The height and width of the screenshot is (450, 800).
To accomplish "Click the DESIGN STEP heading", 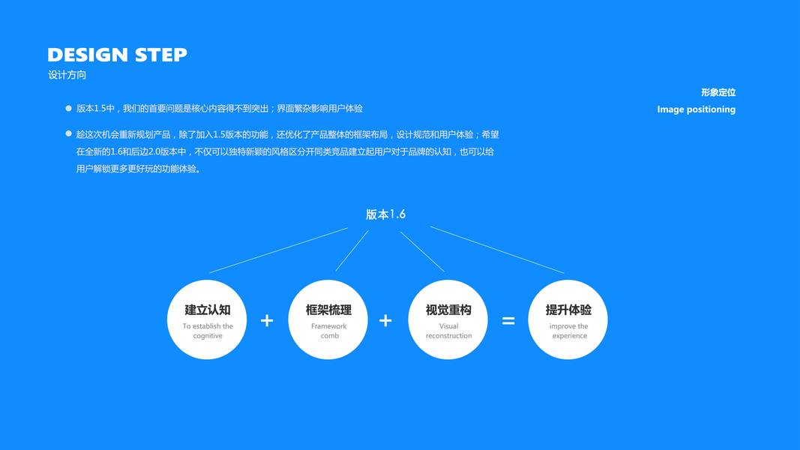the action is pos(117,55).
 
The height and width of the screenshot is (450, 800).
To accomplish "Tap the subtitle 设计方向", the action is pos(67,75).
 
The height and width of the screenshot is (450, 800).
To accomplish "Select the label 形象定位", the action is pos(718,92).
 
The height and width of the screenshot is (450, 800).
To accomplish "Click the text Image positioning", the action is pos(696,109).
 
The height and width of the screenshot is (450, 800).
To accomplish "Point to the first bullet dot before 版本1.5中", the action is pos(69,109).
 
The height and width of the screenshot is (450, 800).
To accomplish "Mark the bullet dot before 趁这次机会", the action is pos(69,133).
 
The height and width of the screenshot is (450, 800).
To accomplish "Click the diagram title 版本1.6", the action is pos(385,214).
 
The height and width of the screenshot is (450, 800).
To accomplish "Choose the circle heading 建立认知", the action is pos(208,310).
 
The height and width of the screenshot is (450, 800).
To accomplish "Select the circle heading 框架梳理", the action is pos(328,310).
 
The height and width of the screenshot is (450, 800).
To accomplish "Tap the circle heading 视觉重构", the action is pos(448,310).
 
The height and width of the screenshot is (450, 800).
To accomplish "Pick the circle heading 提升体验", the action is pos(568,310).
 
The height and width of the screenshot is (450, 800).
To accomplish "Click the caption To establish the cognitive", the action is pos(208,331).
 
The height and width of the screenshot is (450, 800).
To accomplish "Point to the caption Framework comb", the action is pos(329,331).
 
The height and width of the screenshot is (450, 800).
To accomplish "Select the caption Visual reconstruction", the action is pos(448,331).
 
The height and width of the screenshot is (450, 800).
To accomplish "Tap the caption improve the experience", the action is pos(569,331).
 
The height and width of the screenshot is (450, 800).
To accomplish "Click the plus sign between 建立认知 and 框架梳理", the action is pos(267,321).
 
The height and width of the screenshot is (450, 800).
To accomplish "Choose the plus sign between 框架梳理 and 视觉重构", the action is pos(385,321).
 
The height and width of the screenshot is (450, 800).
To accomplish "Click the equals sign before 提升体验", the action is pos(508,321).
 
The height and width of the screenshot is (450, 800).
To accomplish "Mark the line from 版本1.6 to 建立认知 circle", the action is pos(279,250).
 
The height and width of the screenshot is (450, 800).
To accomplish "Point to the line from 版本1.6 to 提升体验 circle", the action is pos(496,250).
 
